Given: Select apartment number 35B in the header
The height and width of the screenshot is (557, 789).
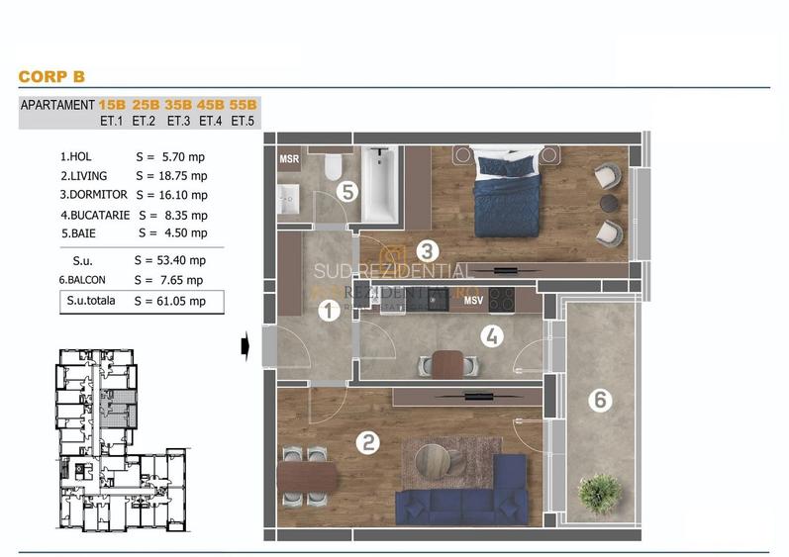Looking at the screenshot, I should click(x=178, y=105).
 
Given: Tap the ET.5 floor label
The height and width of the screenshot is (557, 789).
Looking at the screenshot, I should click(x=243, y=121).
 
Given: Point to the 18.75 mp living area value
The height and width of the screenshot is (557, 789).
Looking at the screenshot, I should click(x=170, y=175).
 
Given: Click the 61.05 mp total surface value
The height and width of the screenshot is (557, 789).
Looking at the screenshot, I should click(x=170, y=302).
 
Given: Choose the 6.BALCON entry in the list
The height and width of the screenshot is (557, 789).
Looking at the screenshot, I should click(x=90, y=281).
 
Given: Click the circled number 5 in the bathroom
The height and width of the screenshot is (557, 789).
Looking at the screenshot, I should click(x=346, y=191).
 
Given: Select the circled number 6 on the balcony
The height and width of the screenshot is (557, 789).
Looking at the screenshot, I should click(x=597, y=401).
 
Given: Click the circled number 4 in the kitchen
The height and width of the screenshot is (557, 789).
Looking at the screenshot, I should click(x=489, y=336).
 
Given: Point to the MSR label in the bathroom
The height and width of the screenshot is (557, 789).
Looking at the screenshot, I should click(x=289, y=159).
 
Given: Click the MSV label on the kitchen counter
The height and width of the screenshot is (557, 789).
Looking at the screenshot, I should click(x=473, y=301).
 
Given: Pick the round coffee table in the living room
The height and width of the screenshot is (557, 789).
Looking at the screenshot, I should click(x=433, y=459).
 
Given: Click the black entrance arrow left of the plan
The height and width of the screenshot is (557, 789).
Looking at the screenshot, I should click(x=244, y=345).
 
